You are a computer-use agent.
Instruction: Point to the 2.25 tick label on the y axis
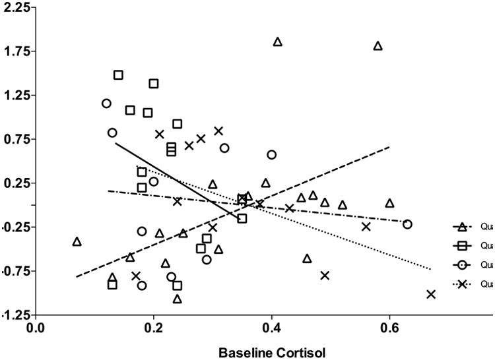point(14,7)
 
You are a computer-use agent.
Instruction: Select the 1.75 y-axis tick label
point(14,51)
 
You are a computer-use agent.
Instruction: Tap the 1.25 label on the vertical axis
point(14,95)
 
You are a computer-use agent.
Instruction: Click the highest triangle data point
point(278,42)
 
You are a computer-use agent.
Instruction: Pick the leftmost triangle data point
point(77,241)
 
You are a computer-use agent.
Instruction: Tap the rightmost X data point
point(431,294)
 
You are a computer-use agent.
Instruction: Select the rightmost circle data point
point(407,224)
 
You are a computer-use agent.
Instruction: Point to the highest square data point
point(118,75)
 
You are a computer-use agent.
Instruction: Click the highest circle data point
point(106,104)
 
